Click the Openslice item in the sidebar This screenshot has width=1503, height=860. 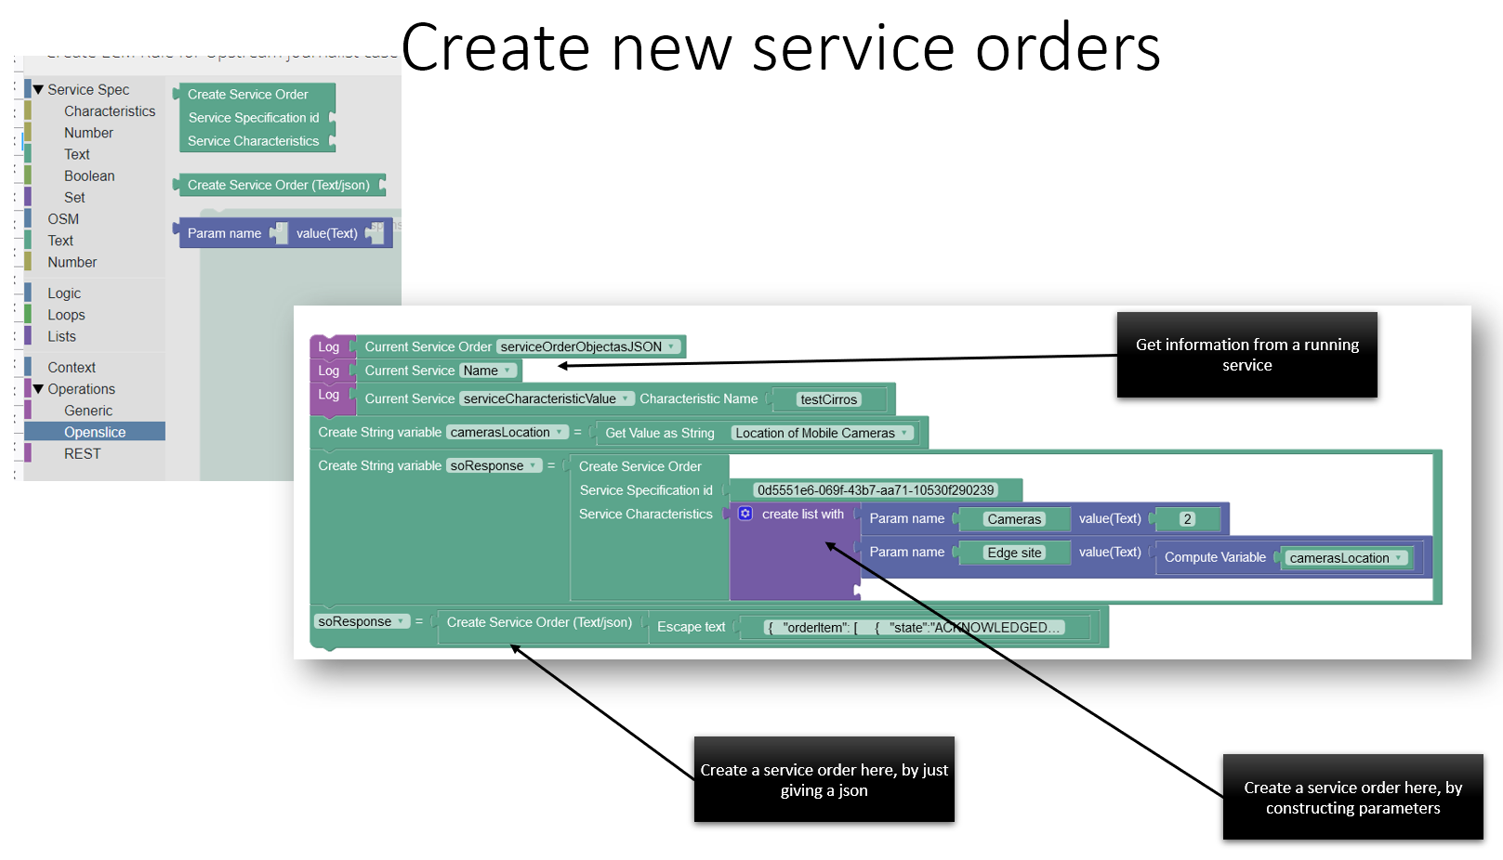pyautogui.click(x=95, y=432)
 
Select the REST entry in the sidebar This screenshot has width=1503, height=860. pyautogui.click(x=82, y=453)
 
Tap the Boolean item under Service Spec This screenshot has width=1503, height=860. pyautogui.click(x=89, y=176)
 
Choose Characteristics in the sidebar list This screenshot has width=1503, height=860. pyautogui.click(x=110, y=111)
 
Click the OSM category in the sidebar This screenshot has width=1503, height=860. pyautogui.click(x=63, y=219)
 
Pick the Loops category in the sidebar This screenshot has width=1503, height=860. pyautogui.click(x=66, y=315)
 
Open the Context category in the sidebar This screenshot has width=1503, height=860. pyautogui.click(x=72, y=368)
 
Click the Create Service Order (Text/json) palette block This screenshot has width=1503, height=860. pyautogui.click(x=278, y=185)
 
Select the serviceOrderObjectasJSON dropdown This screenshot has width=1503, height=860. pyautogui.click(x=587, y=346)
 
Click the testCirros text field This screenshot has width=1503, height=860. pyautogui.click(x=828, y=399)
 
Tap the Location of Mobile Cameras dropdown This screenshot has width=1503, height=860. pyautogui.click(x=821, y=433)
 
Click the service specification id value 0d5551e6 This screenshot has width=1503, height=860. pyautogui.click(x=875, y=490)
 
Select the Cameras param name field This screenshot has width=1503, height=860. pyautogui.click(x=1013, y=519)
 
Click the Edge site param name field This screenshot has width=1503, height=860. pyautogui.click(x=1013, y=553)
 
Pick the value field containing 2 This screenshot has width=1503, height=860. pyautogui.click(x=1187, y=519)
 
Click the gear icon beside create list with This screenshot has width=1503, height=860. pyautogui.click(x=745, y=514)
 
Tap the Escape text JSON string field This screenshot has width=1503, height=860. pyautogui.click(x=914, y=628)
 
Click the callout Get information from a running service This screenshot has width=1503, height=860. pyautogui.click(x=1246, y=355)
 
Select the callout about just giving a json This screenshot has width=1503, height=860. pyautogui.click(x=824, y=779)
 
